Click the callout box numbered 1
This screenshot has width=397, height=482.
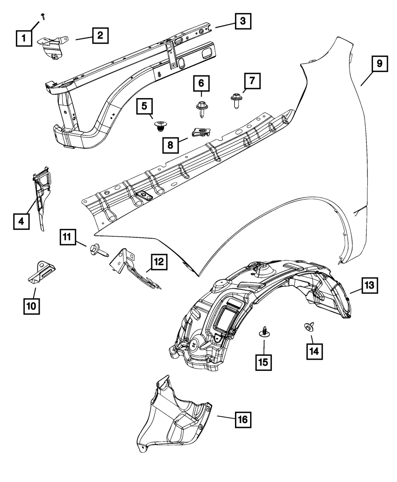24,39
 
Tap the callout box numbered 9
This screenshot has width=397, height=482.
380,64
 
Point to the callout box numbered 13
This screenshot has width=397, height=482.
369,285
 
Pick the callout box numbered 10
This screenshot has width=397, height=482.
31,306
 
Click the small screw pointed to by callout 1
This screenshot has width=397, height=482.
43,15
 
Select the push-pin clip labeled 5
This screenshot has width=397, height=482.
160,127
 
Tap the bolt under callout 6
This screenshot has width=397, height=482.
201,108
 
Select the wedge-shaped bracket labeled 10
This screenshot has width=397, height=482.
41,273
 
